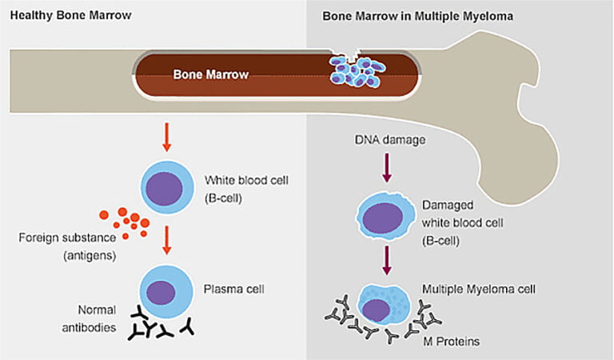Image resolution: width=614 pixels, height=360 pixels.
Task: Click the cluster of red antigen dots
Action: point(126,222)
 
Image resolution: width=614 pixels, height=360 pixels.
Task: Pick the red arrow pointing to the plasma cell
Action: point(166,239)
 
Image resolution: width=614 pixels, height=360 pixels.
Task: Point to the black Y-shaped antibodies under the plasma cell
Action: point(160,328)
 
